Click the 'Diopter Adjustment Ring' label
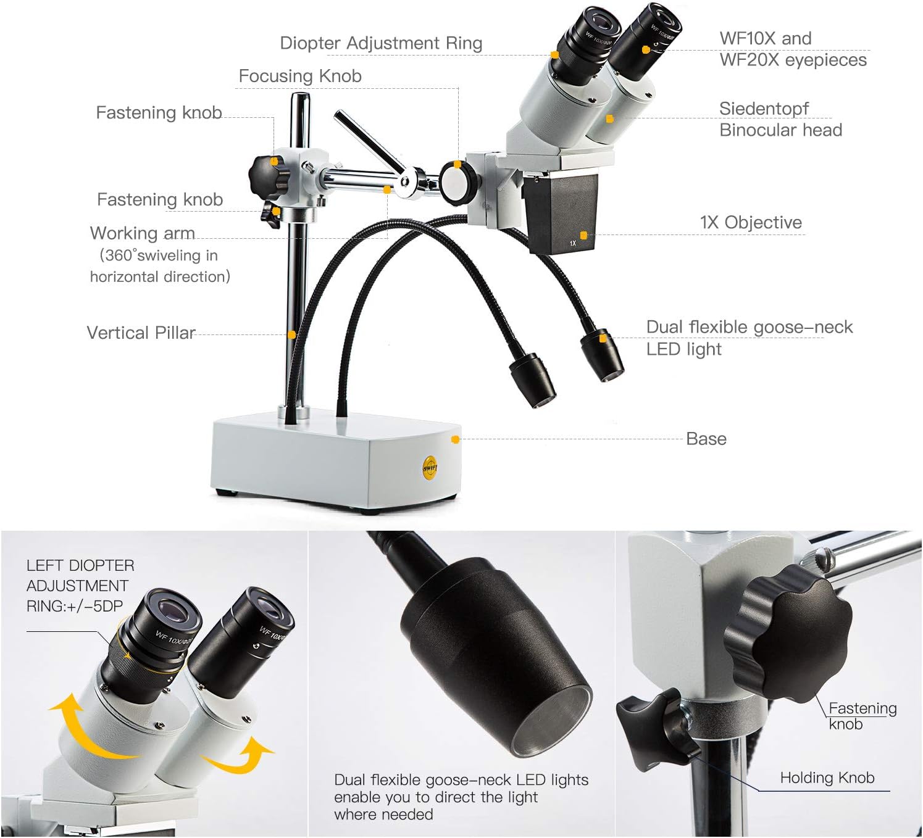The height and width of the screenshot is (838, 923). point(381,43)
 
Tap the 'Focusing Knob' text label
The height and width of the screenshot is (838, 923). point(300,76)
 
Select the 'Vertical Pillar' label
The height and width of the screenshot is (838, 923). point(141,333)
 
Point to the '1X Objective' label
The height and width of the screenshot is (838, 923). point(751,222)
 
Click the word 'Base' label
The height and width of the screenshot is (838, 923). point(706,439)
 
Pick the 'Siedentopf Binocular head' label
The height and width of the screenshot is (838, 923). point(780,119)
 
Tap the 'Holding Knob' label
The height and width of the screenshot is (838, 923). point(827,778)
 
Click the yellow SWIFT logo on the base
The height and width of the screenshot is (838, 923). point(430,468)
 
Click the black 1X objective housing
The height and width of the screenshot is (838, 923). point(562,213)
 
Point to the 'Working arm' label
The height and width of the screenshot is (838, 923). point(143,233)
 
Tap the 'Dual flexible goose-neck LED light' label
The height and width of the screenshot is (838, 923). point(749,338)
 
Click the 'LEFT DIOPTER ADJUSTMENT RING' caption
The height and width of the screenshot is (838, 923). point(80,586)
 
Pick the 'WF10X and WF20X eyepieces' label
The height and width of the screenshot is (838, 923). point(793,49)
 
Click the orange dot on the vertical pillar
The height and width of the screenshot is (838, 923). point(291,334)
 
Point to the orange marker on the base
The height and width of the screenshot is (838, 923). point(455,439)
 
